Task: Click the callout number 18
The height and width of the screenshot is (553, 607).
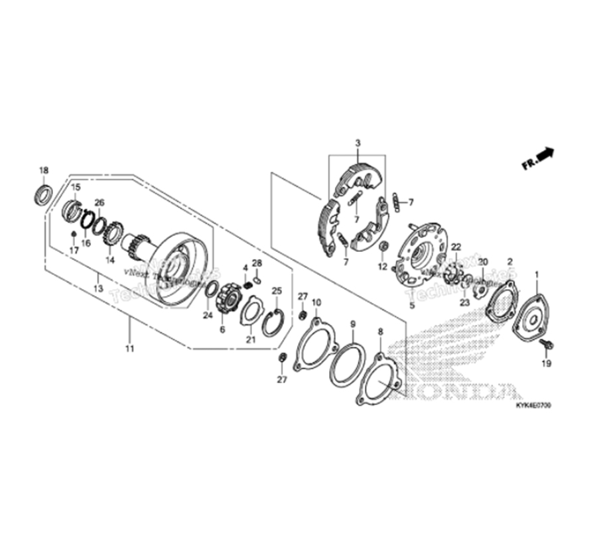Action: (44, 170)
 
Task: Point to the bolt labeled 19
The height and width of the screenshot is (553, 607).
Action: (546, 343)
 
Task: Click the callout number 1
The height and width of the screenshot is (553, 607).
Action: (537, 274)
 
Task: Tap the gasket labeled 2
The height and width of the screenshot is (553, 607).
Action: (502, 303)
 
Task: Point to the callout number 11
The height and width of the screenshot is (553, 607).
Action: (129, 347)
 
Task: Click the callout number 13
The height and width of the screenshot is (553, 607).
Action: (98, 288)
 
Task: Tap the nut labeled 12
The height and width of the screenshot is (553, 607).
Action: (383, 247)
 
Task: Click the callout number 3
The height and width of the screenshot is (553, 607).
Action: (357, 143)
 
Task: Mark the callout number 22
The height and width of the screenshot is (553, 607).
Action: (456, 247)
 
